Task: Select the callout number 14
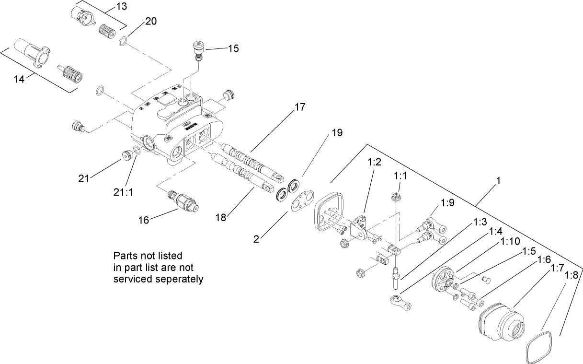click(x=19, y=79)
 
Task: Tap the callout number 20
click(x=150, y=22)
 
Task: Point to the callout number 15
click(x=233, y=48)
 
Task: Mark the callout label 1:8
click(x=572, y=275)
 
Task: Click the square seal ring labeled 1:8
click(x=539, y=344)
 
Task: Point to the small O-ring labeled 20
click(x=123, y=42)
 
